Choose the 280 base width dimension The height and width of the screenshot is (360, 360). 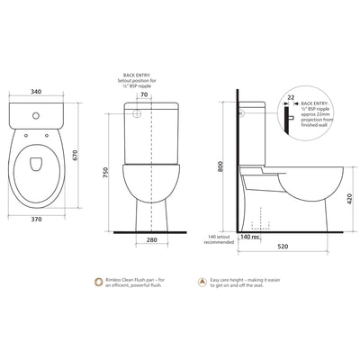coord(151,239)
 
